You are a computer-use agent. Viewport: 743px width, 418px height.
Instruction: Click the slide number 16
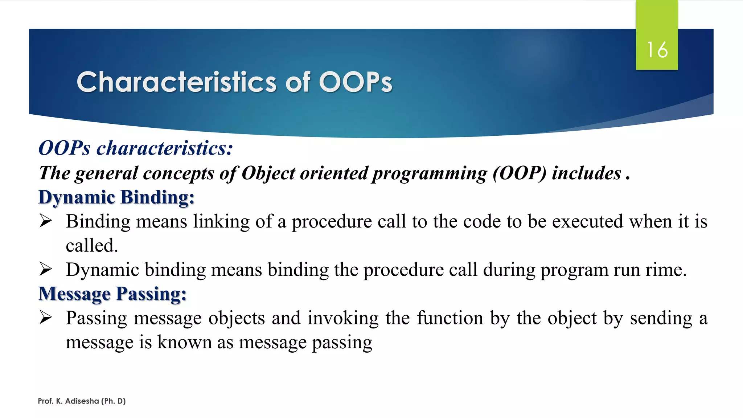point(657,50)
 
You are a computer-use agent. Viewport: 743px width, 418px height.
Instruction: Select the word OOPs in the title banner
point(356,82)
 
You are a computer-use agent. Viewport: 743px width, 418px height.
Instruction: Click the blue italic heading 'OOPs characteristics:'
point(136,148)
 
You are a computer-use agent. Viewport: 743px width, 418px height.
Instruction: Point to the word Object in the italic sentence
point(268,173)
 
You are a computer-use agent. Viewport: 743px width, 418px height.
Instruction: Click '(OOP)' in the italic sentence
point(519,173)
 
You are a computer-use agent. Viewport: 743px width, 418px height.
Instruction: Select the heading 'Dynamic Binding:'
point(116,197)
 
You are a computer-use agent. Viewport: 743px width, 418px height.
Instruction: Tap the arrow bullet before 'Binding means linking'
point(46,221)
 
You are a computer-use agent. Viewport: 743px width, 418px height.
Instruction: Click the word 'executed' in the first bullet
point(587,221)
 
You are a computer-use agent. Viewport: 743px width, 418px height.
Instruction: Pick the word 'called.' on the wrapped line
point(92,246)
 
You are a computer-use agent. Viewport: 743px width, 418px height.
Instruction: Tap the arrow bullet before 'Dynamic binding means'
point(46,269)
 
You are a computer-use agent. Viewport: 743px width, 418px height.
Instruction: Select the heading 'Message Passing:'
point(112,294)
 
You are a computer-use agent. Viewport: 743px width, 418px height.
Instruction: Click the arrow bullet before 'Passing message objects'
point(46,317)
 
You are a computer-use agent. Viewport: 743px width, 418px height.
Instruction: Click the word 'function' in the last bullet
point(450,318)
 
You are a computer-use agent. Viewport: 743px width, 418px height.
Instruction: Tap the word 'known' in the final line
point(184,342)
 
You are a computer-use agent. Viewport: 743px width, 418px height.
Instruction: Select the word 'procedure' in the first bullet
point(332,222)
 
